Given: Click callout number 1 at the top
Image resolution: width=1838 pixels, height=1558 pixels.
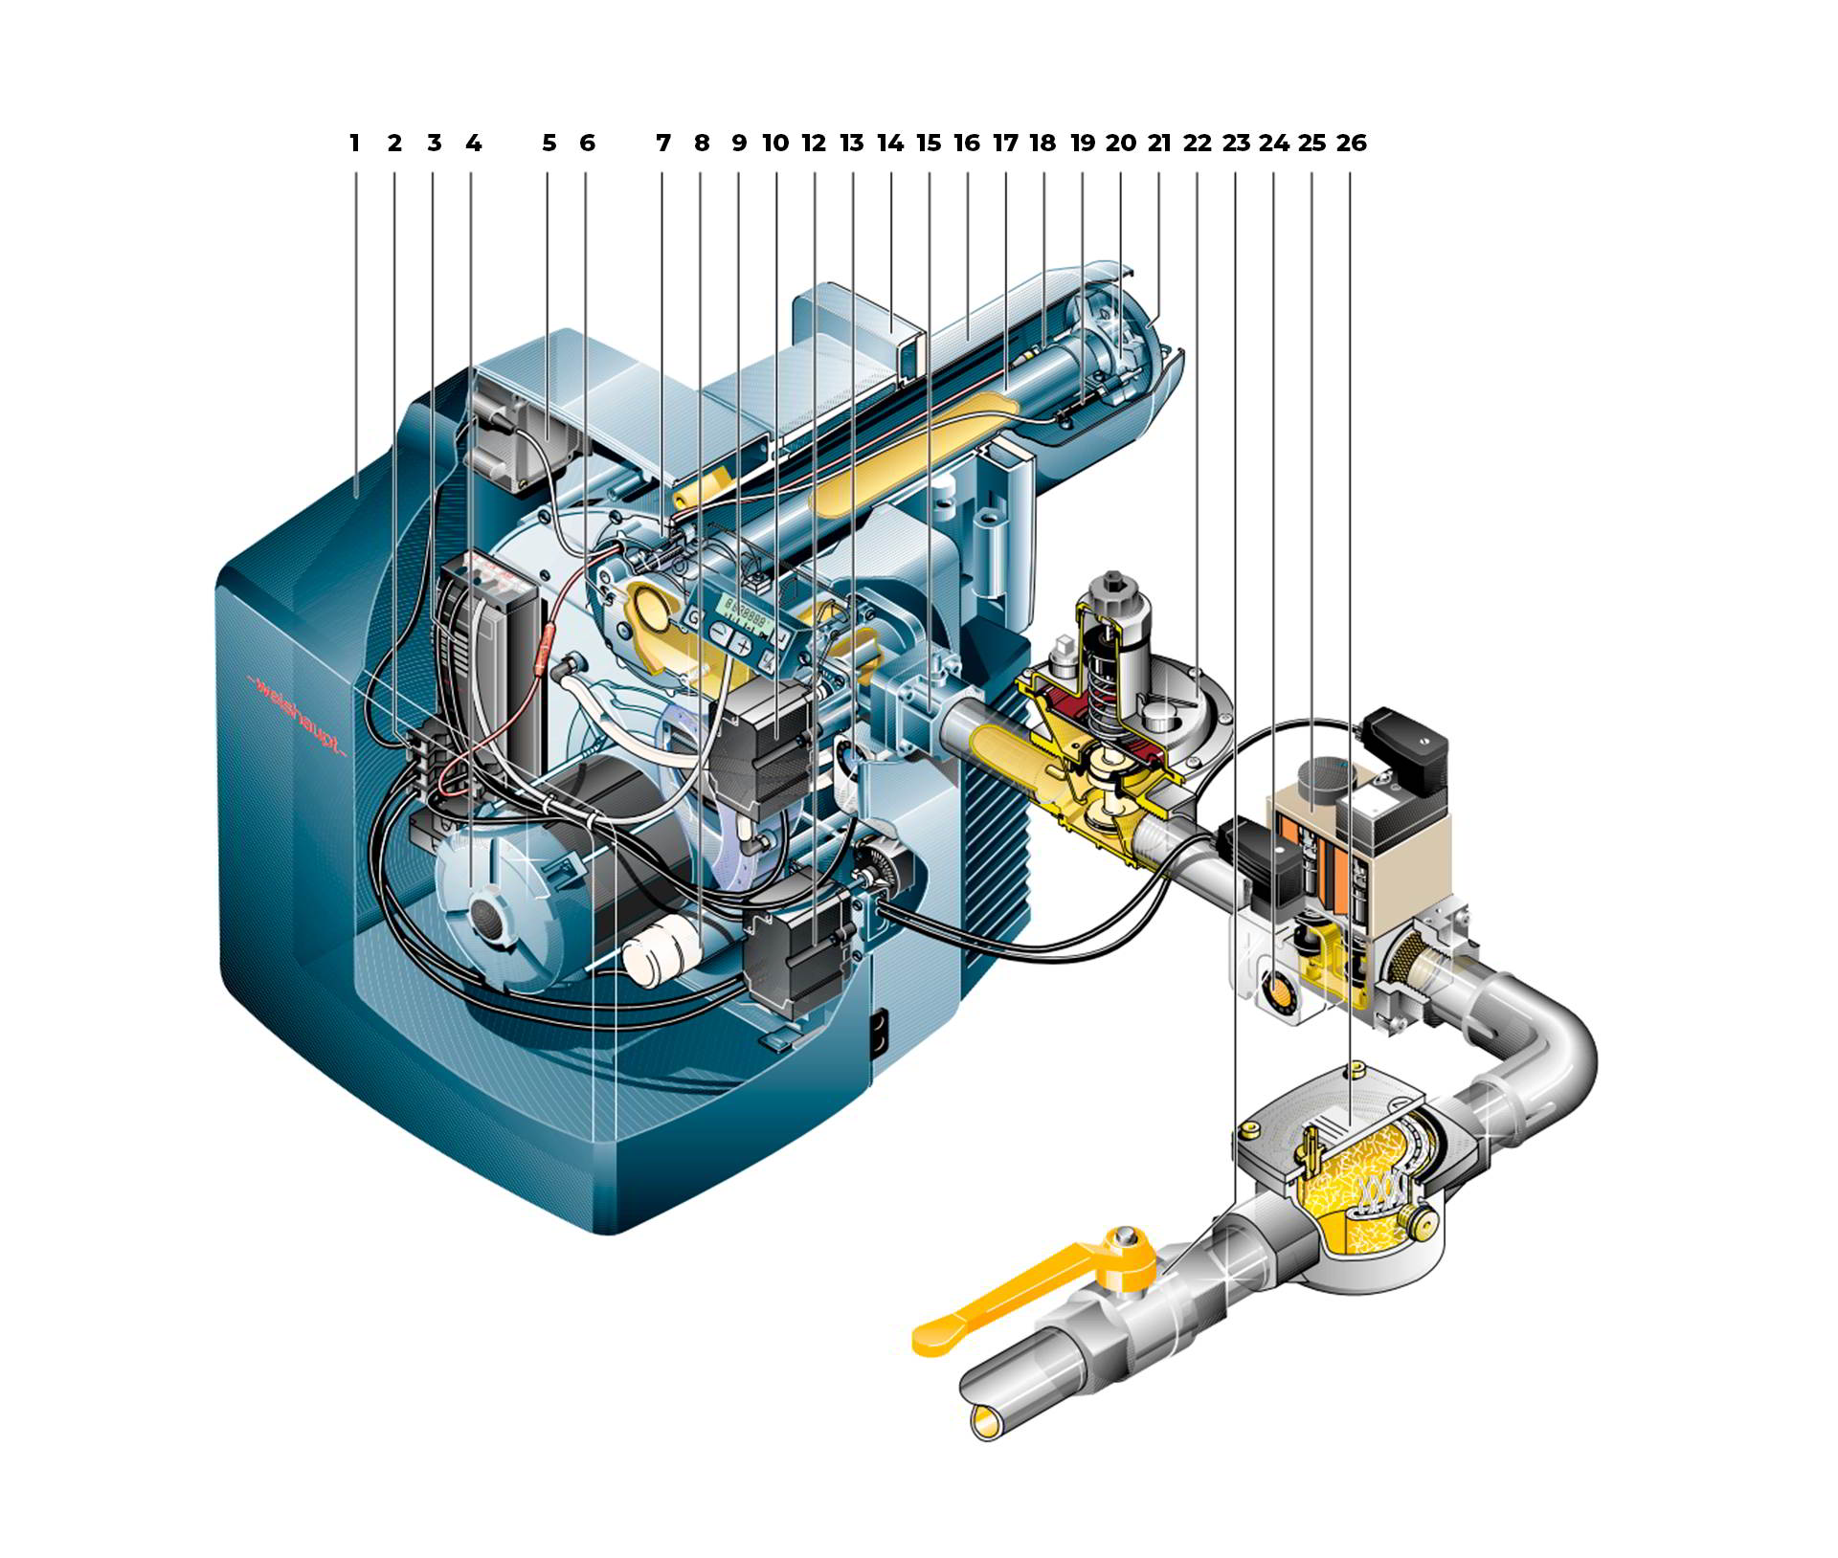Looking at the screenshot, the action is coord(354,144).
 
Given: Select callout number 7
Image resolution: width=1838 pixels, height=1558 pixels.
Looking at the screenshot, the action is coord(663,144).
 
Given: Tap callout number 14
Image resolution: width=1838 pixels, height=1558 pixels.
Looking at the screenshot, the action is coord(890,144).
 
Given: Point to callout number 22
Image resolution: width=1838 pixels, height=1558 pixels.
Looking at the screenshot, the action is coord(1197,144).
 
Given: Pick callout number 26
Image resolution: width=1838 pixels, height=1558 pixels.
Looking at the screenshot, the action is coord(1351,144).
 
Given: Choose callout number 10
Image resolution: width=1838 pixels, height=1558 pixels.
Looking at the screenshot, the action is coord(775,144).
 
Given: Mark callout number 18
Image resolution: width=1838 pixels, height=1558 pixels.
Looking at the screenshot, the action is coord(1042,144).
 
